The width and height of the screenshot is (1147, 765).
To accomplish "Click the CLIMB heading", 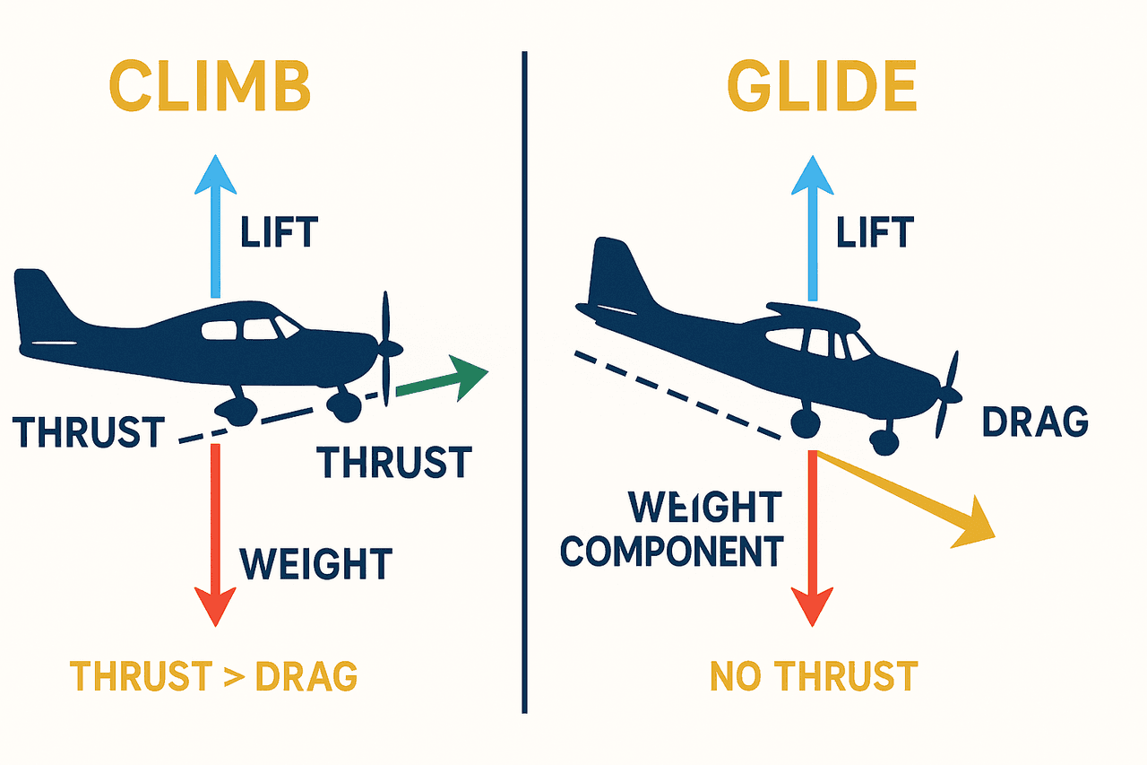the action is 210,85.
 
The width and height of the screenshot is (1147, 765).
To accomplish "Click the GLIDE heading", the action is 822,85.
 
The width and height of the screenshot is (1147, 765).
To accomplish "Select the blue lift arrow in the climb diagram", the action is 216,226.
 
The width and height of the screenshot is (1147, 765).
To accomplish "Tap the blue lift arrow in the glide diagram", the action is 813,228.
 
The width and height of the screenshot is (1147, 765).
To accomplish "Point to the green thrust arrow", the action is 443,379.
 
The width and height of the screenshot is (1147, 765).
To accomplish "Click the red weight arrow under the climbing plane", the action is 216,535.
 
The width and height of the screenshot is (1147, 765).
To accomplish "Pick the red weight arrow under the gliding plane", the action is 812,538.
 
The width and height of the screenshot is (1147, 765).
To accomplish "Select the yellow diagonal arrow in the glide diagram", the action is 905,499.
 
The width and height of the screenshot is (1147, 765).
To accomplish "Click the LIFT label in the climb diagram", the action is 280,232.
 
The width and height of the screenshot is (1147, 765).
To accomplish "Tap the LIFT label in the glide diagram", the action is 875,232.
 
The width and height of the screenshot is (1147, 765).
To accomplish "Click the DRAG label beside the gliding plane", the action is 1035,422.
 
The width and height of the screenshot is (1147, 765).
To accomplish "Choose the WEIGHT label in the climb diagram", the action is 315,563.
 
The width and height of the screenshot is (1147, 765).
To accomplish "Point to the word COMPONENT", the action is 672,552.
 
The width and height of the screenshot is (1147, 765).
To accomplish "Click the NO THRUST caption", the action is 815,676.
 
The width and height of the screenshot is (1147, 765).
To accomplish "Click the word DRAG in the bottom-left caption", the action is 306,676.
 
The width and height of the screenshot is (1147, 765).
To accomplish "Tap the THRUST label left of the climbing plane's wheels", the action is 89,431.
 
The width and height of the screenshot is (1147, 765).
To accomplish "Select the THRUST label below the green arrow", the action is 394,462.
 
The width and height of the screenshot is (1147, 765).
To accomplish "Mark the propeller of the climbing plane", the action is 387,349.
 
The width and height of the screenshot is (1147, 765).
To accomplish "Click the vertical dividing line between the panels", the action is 524,382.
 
